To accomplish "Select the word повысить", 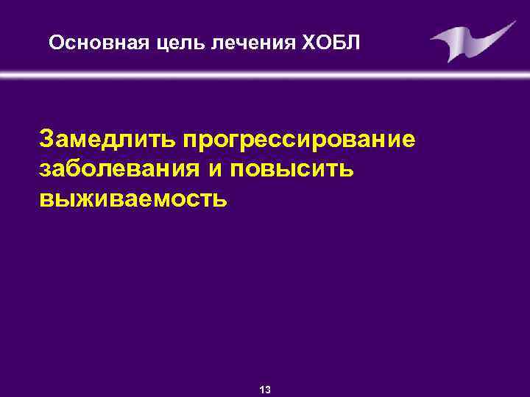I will click(x=294, y=168).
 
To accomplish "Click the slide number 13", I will click(x=266, y=390).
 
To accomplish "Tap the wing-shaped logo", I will click(x=470, y=41).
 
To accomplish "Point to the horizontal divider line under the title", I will click(x=265, y=74).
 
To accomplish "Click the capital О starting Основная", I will click(x=55, y=41).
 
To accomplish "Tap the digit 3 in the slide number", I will click(x=269, y=390).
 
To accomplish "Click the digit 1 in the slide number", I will click(x=263, y=390).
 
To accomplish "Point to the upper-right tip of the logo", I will click(x=513, y=23).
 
